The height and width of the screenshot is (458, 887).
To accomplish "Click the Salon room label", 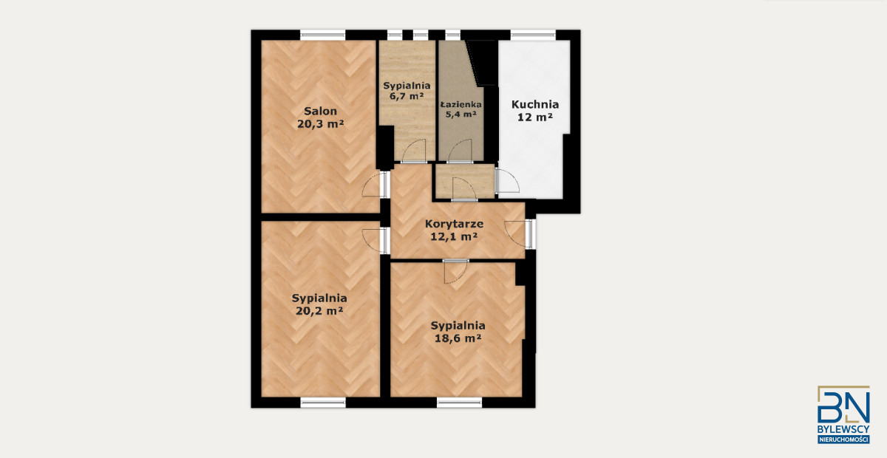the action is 320,111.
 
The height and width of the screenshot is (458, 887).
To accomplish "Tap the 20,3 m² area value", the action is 320,124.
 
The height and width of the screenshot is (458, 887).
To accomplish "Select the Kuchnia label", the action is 535,104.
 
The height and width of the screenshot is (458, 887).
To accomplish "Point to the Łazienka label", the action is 461,104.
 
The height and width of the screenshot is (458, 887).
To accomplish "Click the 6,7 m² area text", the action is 407,96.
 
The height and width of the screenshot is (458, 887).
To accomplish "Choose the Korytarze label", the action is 454,224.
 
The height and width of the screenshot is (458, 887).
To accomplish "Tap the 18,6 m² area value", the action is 458,338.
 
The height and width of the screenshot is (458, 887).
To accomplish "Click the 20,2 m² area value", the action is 319,311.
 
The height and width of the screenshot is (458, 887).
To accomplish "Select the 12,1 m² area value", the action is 454,236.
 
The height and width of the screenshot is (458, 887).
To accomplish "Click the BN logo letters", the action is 843,405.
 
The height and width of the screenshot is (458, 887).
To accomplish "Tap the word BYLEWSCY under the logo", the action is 843,429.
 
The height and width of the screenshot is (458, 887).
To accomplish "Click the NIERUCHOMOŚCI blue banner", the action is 843,440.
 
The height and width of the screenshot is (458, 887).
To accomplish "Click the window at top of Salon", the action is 323,35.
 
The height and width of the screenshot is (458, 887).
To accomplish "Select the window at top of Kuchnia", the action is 534,35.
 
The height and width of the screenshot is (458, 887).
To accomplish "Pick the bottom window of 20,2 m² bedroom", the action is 323,403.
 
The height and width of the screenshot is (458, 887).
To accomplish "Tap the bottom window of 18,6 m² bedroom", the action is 459,403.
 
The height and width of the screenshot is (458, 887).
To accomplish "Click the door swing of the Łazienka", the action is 460,151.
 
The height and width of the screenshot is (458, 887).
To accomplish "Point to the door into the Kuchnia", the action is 507,181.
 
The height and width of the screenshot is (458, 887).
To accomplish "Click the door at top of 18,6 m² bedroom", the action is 456,271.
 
